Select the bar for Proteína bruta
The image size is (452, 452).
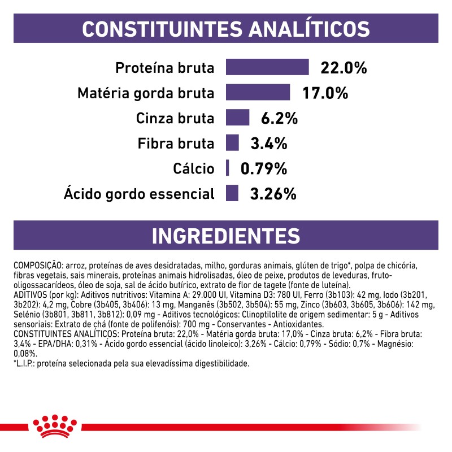267,67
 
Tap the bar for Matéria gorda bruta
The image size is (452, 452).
258,92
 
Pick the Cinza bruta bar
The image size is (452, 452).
237,118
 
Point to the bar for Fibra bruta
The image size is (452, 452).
232,143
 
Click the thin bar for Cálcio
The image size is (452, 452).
227,168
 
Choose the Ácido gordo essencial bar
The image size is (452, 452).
232,193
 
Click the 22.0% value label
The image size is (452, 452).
344,68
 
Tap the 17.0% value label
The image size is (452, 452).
324,93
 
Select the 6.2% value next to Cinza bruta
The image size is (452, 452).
279,119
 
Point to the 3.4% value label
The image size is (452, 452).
270,144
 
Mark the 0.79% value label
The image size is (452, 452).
264,169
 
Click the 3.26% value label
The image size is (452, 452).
273,194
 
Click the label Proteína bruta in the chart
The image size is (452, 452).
165,68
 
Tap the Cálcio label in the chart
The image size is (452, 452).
194,169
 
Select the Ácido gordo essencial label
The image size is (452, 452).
140,194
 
